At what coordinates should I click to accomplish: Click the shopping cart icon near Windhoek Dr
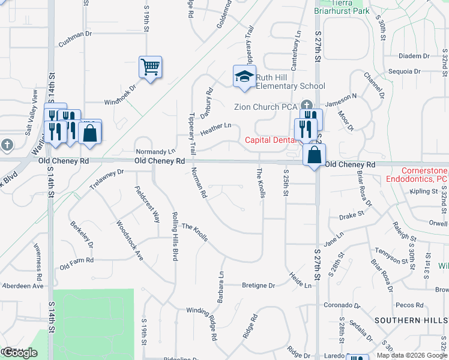click(x=150, y=67)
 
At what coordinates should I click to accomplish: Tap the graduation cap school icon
click(x=244, y=77)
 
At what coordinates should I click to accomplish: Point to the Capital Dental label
click(x=270, y=140)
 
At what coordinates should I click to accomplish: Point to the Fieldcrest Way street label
click(x=147, y=204)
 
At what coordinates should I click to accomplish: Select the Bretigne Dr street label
click(x=258, y=286)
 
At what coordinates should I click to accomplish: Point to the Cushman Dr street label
click(x=75, y=40)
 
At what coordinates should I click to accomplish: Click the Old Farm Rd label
click(x=76, y=260)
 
